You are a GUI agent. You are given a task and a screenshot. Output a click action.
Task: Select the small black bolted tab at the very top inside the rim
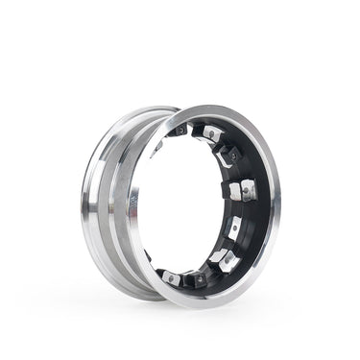180,130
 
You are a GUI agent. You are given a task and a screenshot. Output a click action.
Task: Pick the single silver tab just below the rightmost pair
235,229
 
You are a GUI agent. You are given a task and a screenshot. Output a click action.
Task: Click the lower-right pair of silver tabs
219,258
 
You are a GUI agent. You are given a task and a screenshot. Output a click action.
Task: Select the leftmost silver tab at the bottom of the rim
171,277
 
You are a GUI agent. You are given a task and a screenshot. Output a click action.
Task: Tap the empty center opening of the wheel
187,206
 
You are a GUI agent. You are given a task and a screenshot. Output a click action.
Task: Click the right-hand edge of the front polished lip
276,206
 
